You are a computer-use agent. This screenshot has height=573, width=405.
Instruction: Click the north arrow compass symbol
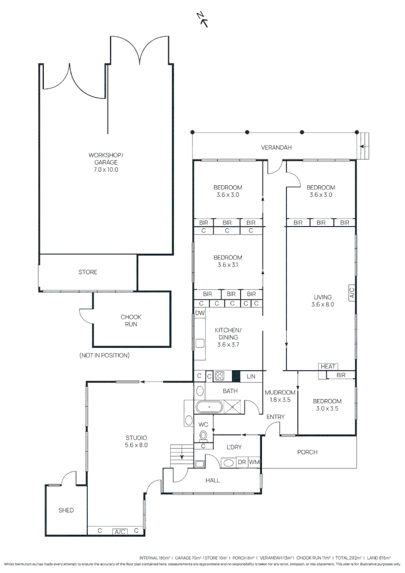coord(202,19)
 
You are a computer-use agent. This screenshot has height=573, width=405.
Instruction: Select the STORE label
coord(88,272)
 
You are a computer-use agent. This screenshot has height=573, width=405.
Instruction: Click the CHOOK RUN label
coord(131,320)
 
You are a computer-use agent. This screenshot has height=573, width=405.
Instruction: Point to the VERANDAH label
coord(276,147)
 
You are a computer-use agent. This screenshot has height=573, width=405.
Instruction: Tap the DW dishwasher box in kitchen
coord(199,314)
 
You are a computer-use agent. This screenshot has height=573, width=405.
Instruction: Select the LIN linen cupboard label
coord(251,376)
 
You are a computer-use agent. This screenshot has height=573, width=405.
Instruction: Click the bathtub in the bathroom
coord(210,407)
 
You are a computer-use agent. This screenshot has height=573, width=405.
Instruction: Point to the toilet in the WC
coord(202,436)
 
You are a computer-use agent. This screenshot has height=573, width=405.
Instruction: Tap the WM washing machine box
coord(254,462)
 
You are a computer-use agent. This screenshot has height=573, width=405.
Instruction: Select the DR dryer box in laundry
coord(242,462)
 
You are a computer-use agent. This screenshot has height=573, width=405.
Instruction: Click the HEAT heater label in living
coord(328,367)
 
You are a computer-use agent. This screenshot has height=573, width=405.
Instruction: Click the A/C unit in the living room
coord(351,293)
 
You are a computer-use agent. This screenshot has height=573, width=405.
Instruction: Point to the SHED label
coord(66,510)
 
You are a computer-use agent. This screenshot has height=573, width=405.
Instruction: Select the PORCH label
coord(307,452)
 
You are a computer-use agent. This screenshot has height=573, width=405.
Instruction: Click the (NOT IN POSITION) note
coord(104,355)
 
